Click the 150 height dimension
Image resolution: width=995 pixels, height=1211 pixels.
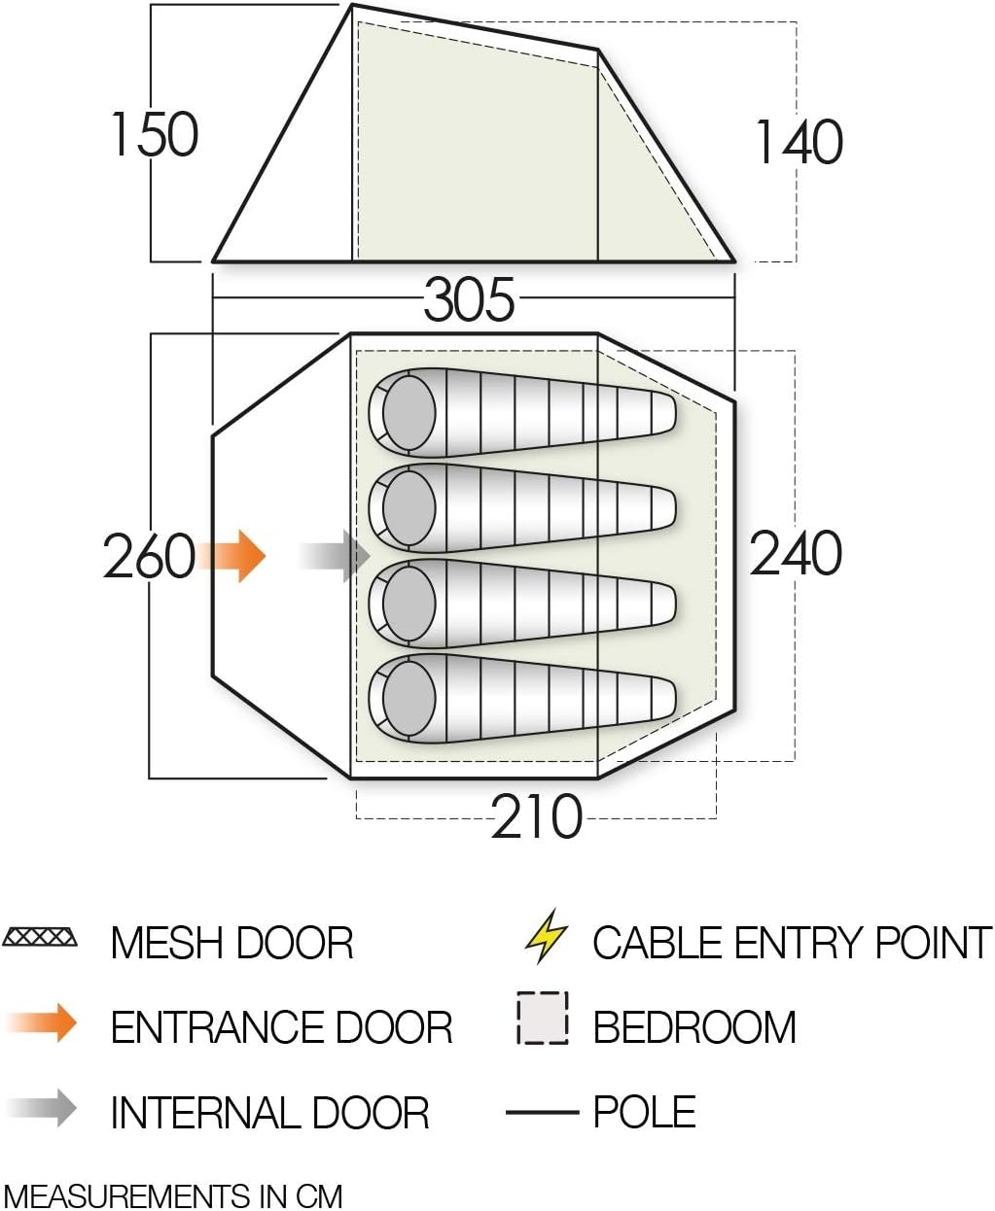pyautogui.click(x=154, y=134)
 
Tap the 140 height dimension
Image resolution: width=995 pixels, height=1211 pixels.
pyautogui.click(x=799, y=142)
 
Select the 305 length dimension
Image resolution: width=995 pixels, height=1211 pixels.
pyautogui.click(x=469, y=299)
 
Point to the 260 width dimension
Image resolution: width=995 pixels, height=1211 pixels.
pyautogui.click(x=149, y=557)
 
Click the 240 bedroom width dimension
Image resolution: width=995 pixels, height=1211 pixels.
pyautogui.click(x=796, y=554)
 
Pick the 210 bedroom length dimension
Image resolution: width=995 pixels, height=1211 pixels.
pyautogui.click(x=536, y=817)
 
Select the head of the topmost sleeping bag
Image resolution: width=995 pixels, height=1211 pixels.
pyautogui.click(x=409, y=412)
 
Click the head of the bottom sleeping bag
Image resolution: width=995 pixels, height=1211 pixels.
pyautogui.click(x=409, y=698)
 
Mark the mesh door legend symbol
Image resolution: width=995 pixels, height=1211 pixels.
pyautogui.click(x=40, y=938)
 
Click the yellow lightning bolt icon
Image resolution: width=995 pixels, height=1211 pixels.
pyautogui.click(x=546, y=935)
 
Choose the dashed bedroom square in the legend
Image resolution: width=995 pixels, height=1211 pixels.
pyautogui.click(x=543, y=1018)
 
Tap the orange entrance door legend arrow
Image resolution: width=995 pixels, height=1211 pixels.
pyautogui.click(x=44, y=1022)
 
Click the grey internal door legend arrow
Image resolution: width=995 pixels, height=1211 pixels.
pyautogui.click(x=44, y=1108)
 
